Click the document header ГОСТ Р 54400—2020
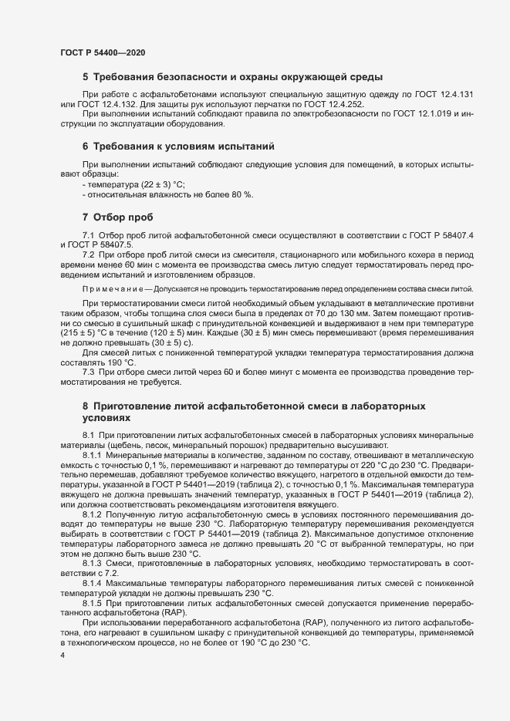(x=103, y=52)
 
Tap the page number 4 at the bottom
(x=62, y=655)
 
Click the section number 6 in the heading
(x=85, y=146)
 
